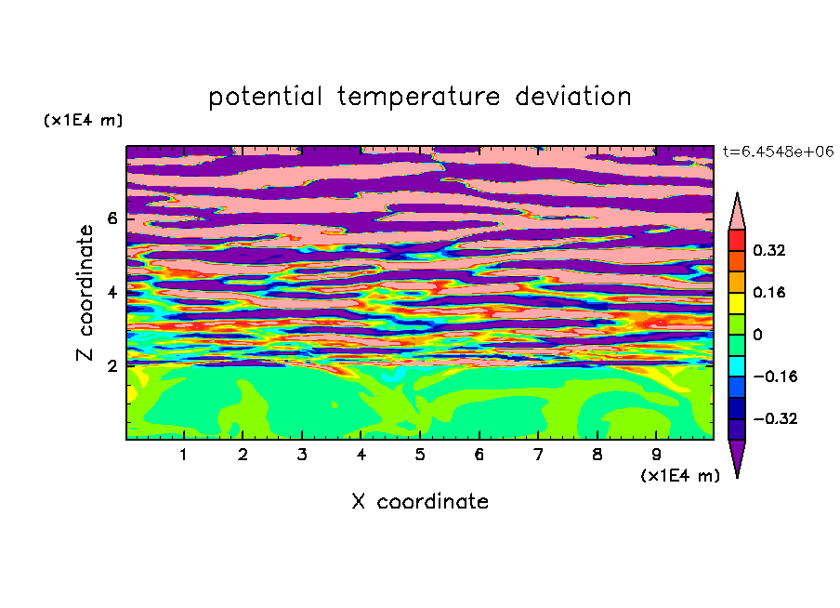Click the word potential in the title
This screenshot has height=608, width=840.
click(x=265, y=98)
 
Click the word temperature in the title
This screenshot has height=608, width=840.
click(x=418, y=98)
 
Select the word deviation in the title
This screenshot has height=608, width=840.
click(x=572, y=97)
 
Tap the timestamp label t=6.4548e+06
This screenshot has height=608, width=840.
click(x=778, y=152)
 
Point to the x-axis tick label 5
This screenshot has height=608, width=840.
click(x=420, y=455)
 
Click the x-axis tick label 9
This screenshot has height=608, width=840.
click(x=656, y=455)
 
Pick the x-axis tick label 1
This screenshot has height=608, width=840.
click(x=183, y=455)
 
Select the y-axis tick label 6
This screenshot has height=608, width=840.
click(x=112, y=218)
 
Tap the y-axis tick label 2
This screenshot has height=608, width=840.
click(x=112, y=365)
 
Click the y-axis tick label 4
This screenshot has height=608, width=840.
click(x=112, y=292)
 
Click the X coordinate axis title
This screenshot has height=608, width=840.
click(x=420, y=502)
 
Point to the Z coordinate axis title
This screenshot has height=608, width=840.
click(x=85, y=292)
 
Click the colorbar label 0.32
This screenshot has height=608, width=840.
click(x=768, y=250)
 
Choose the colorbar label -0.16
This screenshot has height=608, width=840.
click(x=775, y=377)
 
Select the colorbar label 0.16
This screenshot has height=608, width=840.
click(x=768, y=292)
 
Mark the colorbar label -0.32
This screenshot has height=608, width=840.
click(x=775, y=418)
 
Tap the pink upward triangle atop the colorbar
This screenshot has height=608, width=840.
click(x=737, y=215)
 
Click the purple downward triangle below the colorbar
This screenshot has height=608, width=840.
click(x=737, y=455)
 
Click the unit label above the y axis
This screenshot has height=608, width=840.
click(x=83, y=120)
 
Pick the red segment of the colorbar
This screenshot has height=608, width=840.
click(x=737, y=240)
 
